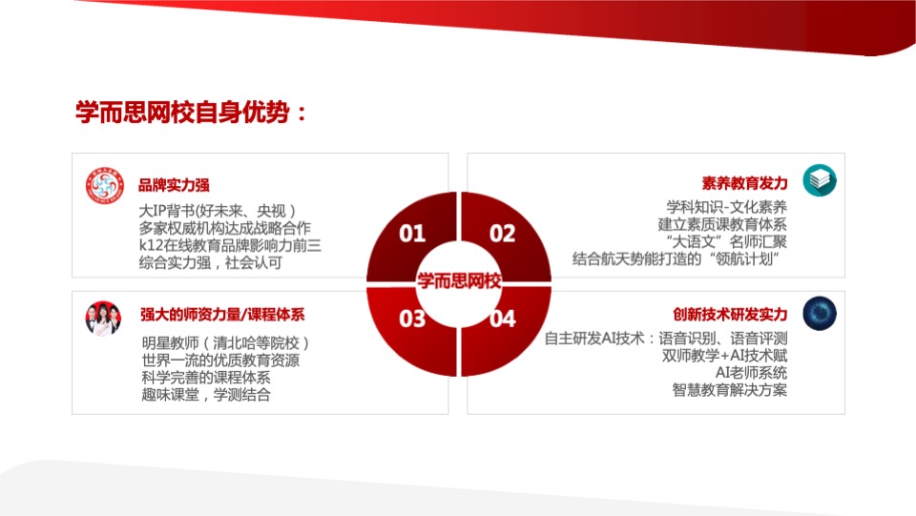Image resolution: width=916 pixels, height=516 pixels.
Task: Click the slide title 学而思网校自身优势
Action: tap(192, 113)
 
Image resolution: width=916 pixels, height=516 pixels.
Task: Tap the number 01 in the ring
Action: tap(412, 234)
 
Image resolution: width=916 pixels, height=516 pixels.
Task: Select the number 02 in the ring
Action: tap(502, 234)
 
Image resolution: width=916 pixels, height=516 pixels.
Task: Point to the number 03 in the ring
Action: tap(412, 319)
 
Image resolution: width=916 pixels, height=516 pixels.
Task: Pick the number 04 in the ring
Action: tap(502, 319)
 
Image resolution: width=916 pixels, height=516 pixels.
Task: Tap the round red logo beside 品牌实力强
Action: tap(106, 185)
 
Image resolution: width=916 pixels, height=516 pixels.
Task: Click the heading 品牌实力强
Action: tap(175, 185)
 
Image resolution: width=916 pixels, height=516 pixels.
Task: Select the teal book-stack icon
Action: tap(819, 180)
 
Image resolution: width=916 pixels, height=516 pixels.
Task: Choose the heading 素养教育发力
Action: tap(744, 183)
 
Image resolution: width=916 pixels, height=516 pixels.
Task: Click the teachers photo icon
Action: tap(103, 318)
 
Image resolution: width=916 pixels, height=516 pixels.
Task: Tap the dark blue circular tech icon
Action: tap(819, 314)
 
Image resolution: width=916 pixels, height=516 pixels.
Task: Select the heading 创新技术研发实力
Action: tap(730, 315)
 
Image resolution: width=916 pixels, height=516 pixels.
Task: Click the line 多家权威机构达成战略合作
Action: tap(225, 228)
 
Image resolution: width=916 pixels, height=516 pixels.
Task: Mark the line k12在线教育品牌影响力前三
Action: tap(230, 245)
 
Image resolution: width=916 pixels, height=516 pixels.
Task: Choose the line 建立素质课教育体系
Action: tap(722, 224)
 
